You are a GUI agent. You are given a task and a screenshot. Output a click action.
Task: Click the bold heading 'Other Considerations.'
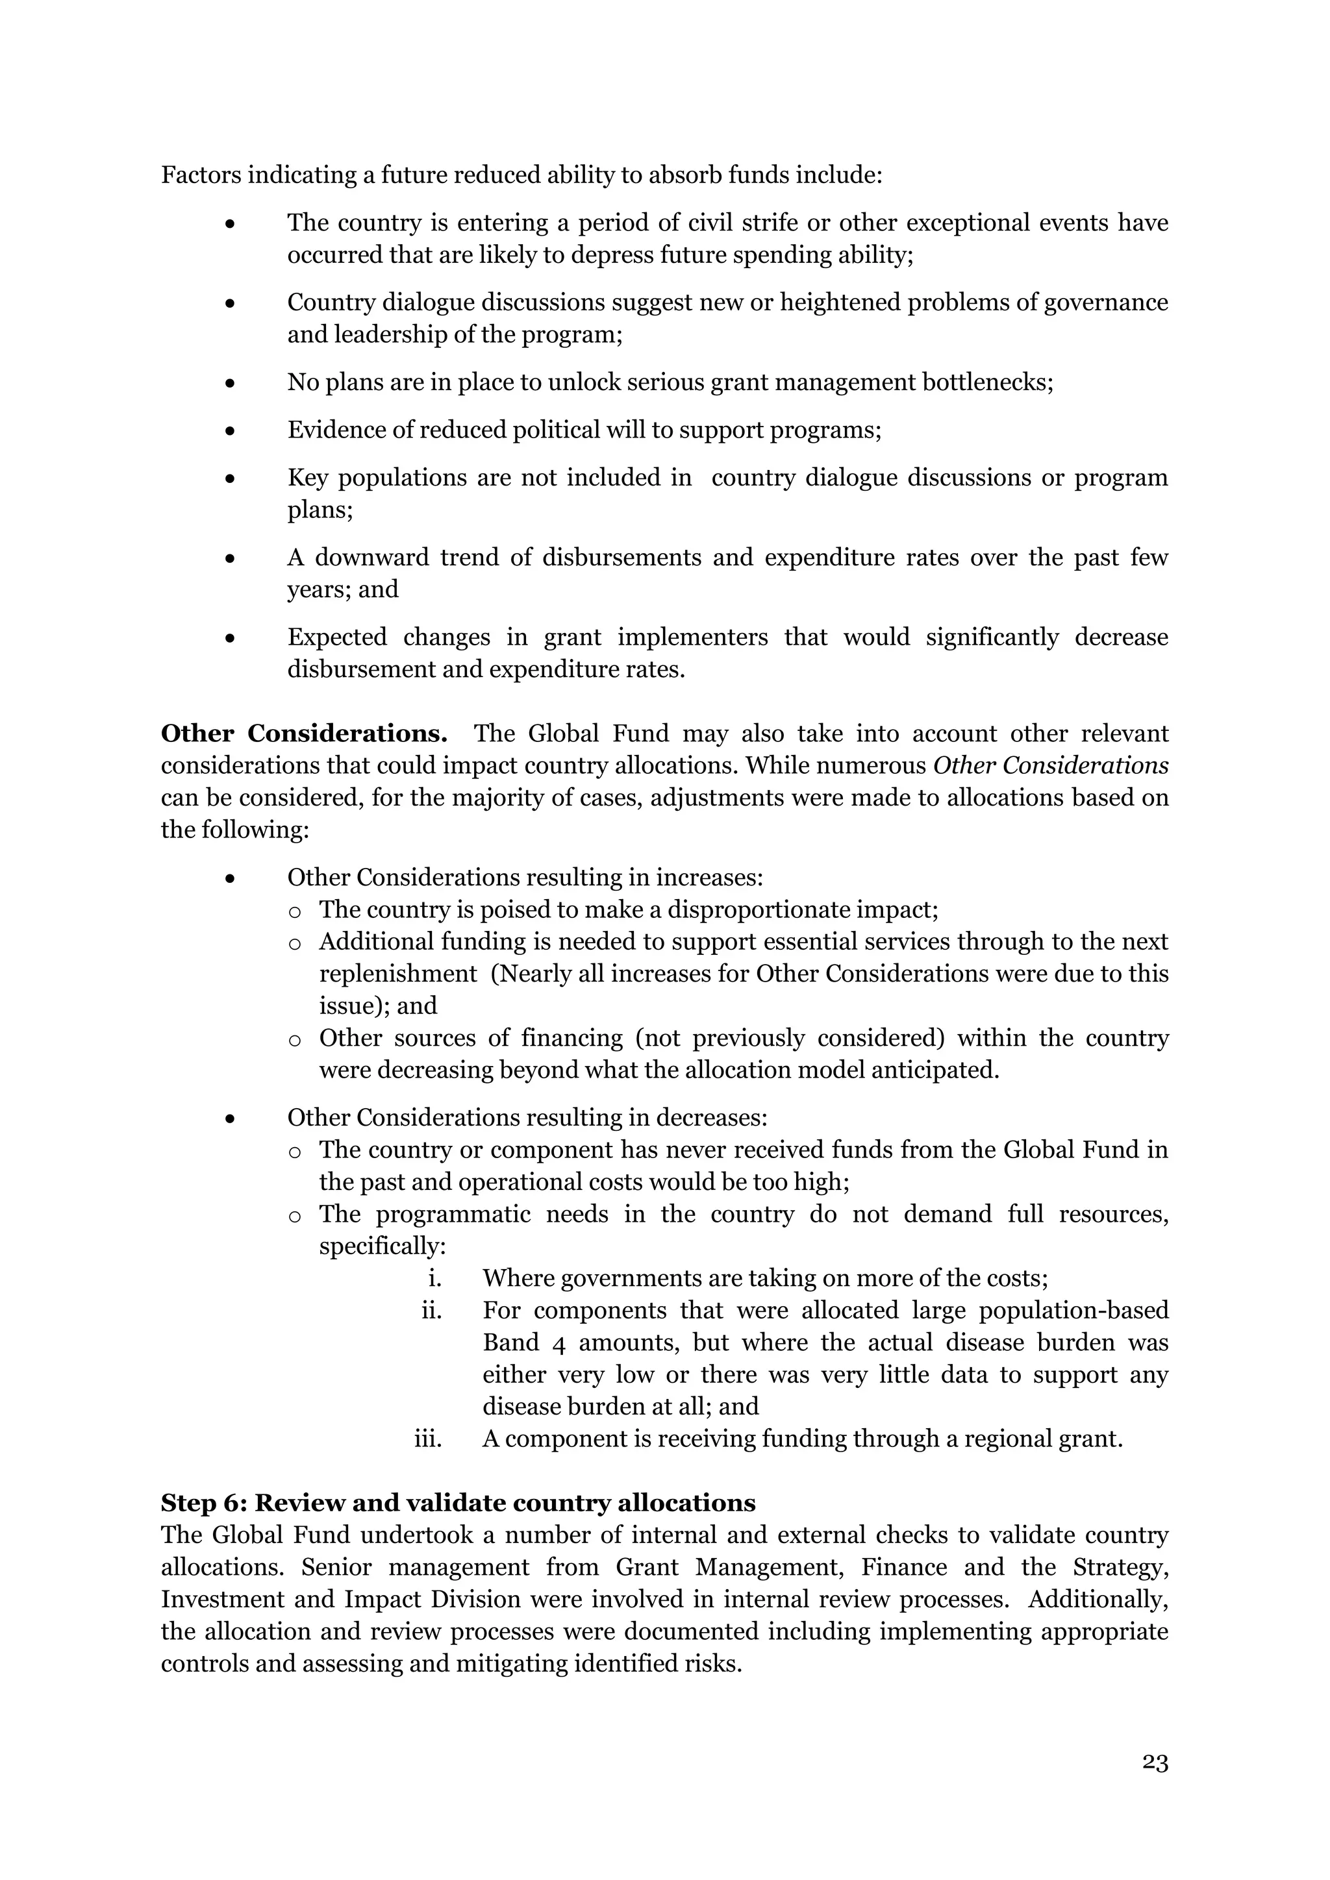point(304,734)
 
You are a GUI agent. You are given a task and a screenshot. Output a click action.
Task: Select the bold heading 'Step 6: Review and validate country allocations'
point(458,1503)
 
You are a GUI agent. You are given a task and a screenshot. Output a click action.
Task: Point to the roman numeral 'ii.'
point(432,1310)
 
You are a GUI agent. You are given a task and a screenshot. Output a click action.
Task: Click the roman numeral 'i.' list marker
point(435,1278)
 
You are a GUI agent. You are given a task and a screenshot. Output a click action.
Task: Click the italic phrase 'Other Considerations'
point(1051,765)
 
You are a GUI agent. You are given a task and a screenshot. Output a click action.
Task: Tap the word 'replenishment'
point(398,974)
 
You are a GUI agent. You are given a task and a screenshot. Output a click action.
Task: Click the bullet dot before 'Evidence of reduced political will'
point(231,430)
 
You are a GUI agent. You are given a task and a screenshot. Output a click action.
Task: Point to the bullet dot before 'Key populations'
point(231,478)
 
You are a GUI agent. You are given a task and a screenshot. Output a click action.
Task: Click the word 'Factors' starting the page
point(200,175)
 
